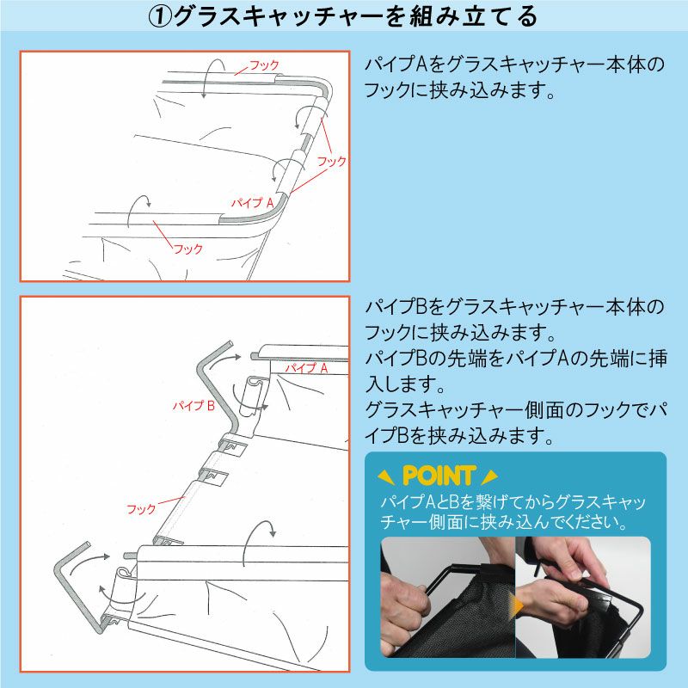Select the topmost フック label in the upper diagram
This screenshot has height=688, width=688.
[x=264, y=65]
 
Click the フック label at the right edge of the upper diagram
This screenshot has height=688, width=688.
[x=332, y=162]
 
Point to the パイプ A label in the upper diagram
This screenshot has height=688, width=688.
[x=252, y=202]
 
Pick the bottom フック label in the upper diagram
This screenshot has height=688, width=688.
[x=188, y=249]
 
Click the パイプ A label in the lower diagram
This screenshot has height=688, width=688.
[x=306, y=368]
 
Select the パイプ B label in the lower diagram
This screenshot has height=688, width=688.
[x=193, y=405]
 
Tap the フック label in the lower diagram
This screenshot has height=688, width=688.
[x=141, y=509]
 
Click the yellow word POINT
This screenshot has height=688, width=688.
[x=439, y=476]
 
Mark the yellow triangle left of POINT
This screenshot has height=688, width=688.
[x=385, y=477]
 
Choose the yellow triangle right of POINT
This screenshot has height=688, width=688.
[x=489, y=477]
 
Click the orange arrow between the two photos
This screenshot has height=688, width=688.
[x=519, y=605]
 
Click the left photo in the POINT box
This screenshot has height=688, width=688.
[x=447, y=597]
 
